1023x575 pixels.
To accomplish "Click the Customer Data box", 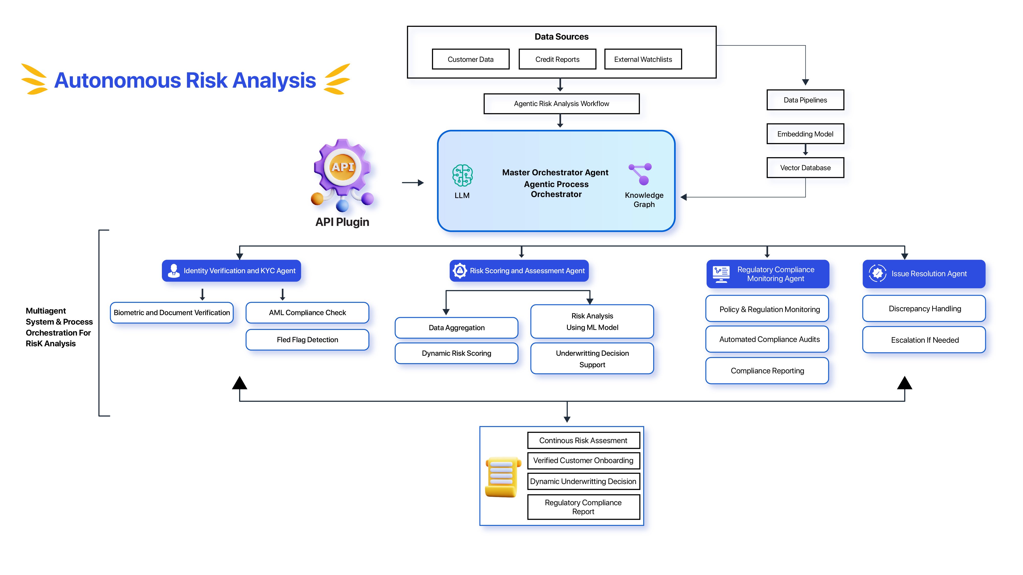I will click(x=471, y=59).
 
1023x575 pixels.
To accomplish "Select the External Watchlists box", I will click(x=643, y=59).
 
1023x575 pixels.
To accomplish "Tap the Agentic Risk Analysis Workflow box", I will click(x=561, y=103).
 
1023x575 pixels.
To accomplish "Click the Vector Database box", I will click(x=805, y=167).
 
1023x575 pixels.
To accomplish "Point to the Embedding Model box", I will click(x=805, y=134).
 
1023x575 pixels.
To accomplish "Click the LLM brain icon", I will click(x=462, y=175).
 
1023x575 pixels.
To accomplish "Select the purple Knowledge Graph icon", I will click(x=641, y=174).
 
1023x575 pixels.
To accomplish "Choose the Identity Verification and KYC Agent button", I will click(x=231, y=271).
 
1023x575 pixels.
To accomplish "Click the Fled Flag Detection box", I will click(x=307, y=340).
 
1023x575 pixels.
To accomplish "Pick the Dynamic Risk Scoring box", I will click(x=456, y=353).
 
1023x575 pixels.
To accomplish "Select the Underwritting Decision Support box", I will click(x=592, y=359).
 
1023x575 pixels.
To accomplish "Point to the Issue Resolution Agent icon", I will click(x=877, y=273).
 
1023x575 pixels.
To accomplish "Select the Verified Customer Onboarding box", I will click(x=583, y=460).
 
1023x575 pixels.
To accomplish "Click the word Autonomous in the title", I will click(x=118, y=80).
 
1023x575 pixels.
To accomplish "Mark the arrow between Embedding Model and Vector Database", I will click(x=805, y=149).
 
